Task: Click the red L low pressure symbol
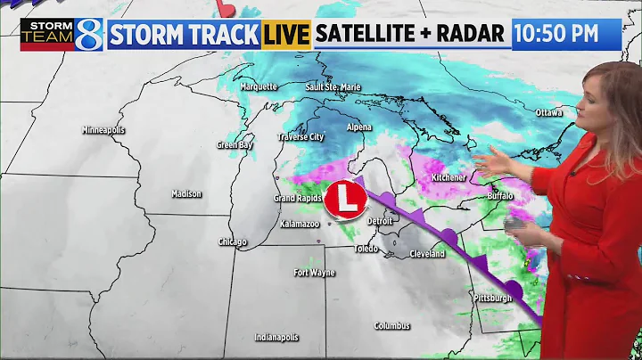click(345, 199)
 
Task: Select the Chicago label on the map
click(233, 241)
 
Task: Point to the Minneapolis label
click(103, 130)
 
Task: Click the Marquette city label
click(259, 86)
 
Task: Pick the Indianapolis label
click(276, 338)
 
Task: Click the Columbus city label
click(392, 325)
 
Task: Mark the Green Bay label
click(235, 144)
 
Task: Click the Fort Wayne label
click(316, 272)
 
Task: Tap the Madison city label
click(187, 193)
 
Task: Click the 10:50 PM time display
click(568, 34)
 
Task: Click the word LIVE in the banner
click(286, 35)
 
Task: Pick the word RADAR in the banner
click(473, 35)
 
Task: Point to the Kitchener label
click(449, 177)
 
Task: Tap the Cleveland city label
click(427, 254)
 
